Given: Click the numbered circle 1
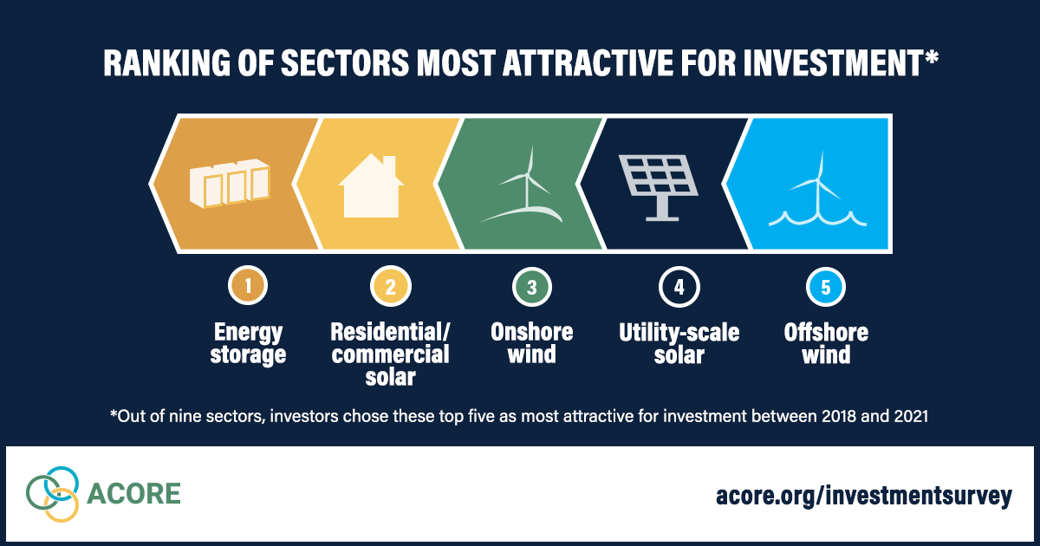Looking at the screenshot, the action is (248, 285).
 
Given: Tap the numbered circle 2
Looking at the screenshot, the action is (391, 287).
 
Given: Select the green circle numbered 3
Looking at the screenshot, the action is (532, 287).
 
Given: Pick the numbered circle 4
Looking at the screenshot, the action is (679, 287).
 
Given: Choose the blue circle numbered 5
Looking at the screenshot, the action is (826, 287).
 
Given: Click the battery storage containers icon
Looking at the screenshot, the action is (230, 184).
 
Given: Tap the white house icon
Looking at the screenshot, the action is (371, 185).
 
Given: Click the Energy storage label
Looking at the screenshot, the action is (248, 344).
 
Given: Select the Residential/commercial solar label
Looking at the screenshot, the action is (391, 354).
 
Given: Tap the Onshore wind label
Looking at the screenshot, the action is (532, 343).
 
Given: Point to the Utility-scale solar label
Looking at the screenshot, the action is (679, 344).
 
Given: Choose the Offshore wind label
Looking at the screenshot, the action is (826, 344).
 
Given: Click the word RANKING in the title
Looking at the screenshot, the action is (166, 62).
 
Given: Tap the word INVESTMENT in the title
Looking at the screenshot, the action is (834, 62).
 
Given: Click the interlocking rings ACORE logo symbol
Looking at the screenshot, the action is (53, 494).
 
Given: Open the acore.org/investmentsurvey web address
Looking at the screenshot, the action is (863, 496).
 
